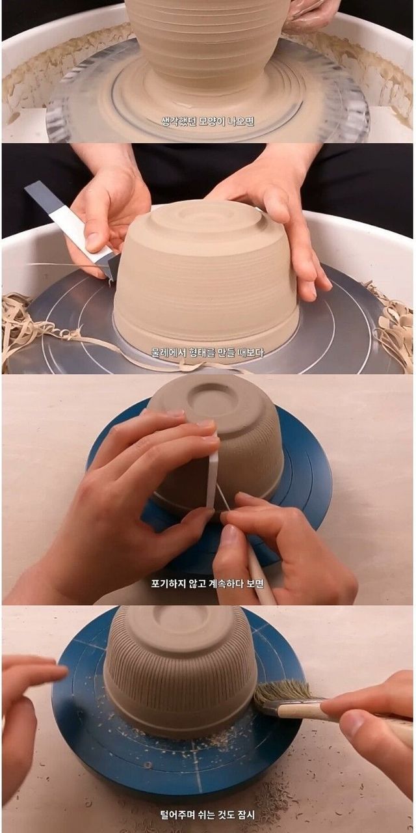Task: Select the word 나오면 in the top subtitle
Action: [240, 121]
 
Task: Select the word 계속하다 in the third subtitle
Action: [225, 584]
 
